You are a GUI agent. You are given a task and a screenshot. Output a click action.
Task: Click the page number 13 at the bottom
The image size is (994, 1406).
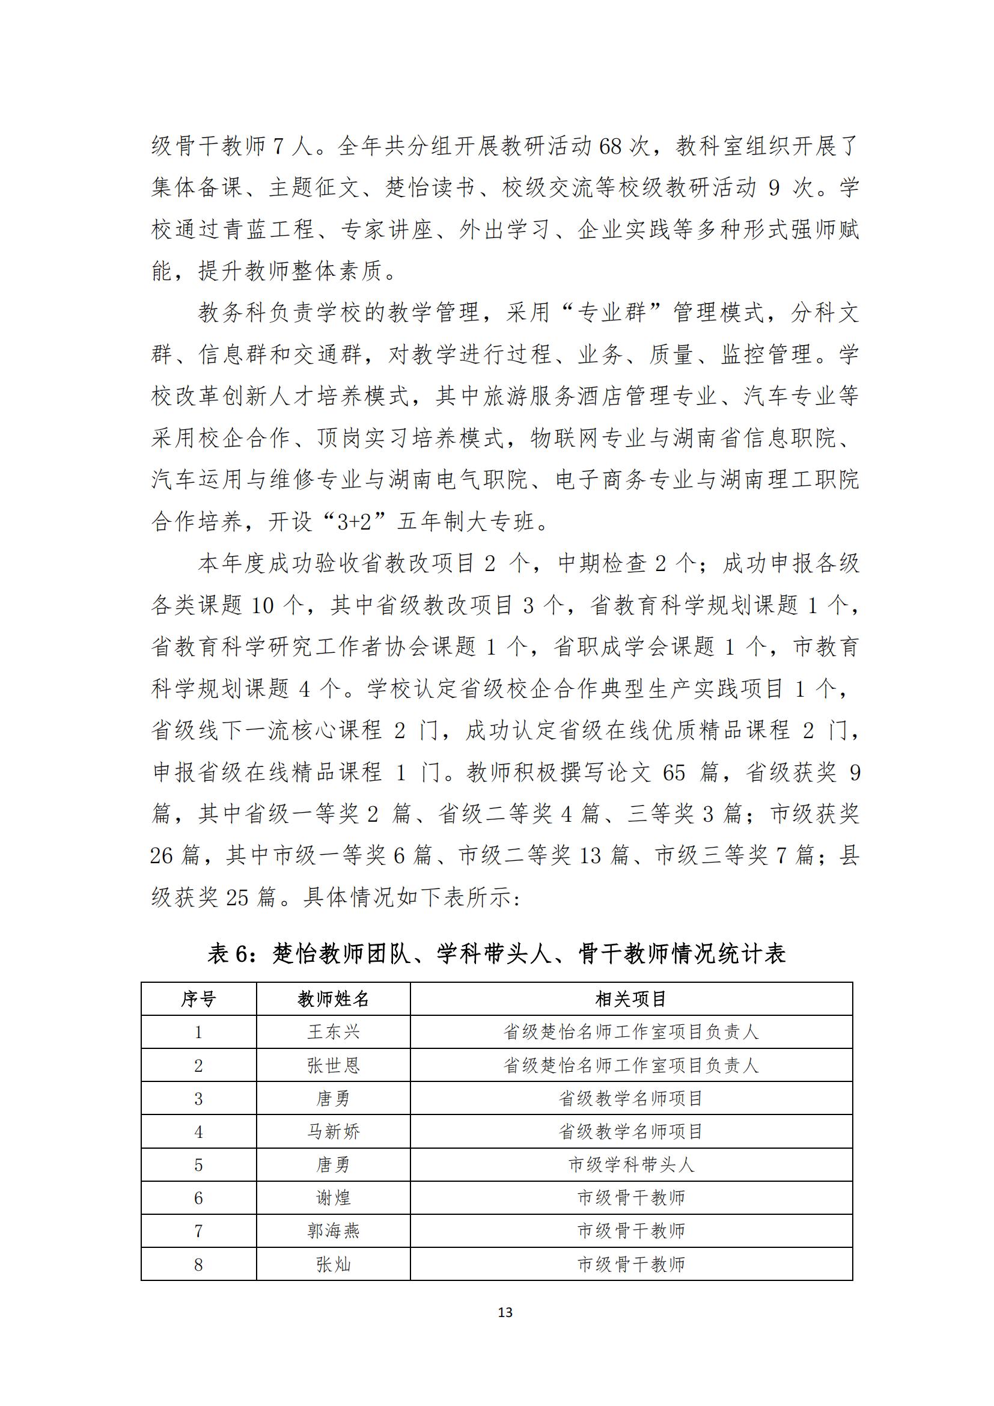pyautogui.click(x=505, y=1312)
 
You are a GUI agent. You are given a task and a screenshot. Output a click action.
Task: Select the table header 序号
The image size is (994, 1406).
pyautogui.click(x=198, y=1000)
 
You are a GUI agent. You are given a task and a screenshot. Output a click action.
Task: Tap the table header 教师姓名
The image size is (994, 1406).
pyautogui.click(x=333, y=1000)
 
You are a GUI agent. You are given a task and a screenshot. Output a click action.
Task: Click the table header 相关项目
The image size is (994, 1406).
pyautogui.click(x=631, y=1000)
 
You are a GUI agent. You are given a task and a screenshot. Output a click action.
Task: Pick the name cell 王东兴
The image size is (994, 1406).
pyautogui.click(x=333, y=1033)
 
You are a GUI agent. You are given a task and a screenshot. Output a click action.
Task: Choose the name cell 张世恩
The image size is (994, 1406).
pyautogui.click(x=333, y=1066)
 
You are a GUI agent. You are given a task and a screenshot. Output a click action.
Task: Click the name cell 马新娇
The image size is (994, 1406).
pyautogui.click(x=333, y=1132)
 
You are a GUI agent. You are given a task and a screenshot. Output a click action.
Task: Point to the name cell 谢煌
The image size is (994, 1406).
pyautogui.click(x=333, y=1198)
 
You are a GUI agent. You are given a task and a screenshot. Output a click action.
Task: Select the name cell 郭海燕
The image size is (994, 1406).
pyautogui.click(x=333, y=1231)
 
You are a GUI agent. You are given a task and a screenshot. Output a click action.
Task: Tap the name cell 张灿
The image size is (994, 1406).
pyautogui.click(x=333, y=1265)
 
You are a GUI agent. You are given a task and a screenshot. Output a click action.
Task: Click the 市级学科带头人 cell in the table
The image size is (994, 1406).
pyautogui.click(x=631, y=1165)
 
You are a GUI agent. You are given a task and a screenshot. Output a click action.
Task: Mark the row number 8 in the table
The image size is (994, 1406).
pyautogui.click(x=198, y=1265)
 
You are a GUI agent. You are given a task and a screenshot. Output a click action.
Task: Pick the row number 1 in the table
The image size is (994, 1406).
pyautogui.click(x=198, y=1033)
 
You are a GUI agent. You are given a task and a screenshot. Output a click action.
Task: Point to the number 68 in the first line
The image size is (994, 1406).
pyautogui.click(x=610, y=146)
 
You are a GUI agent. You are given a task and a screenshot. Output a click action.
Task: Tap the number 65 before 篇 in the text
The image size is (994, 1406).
pyautogui.click(x=674, y=773)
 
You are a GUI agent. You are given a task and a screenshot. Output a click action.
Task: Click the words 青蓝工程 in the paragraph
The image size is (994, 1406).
pyautogui.click(x=268, y=230)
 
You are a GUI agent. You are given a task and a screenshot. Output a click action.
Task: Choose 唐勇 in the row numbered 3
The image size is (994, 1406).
pyautogui.click(x=333, y=1099)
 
